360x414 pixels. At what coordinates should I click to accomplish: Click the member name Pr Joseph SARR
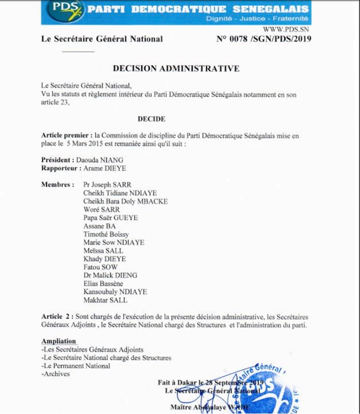point(107,184)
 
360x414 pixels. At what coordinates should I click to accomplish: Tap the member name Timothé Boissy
point(106,235)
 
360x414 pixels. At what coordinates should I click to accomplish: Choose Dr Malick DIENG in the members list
point(109,276)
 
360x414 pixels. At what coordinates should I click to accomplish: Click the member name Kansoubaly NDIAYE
point(115,292)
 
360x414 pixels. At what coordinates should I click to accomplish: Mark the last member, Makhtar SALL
point(105,300)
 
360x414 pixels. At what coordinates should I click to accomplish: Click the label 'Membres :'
point(58,184)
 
